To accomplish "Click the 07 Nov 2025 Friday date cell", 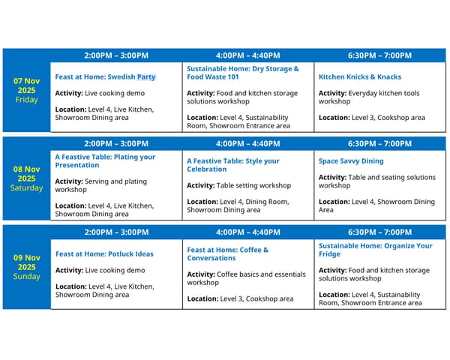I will [26, 90].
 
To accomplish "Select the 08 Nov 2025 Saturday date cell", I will [26, 178].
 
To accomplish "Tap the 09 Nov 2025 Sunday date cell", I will [26, 267].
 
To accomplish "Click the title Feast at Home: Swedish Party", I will [106, 76].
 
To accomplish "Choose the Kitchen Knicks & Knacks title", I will [360, 76].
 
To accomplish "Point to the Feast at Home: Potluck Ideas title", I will [104, 253].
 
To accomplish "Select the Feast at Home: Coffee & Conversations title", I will [227, 253].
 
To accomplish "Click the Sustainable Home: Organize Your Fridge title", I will [375, 250].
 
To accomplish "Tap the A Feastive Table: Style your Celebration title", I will [232, 165].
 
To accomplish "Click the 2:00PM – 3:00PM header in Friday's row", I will [116, 55].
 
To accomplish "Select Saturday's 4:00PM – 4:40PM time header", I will [247, 143].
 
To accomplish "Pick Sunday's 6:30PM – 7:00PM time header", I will [379, 232].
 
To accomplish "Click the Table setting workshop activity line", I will [238, 185].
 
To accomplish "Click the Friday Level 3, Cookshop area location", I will [371, 117].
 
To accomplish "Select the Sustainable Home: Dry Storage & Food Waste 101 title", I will [242, 73].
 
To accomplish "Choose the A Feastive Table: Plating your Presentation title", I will [105, 161].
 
